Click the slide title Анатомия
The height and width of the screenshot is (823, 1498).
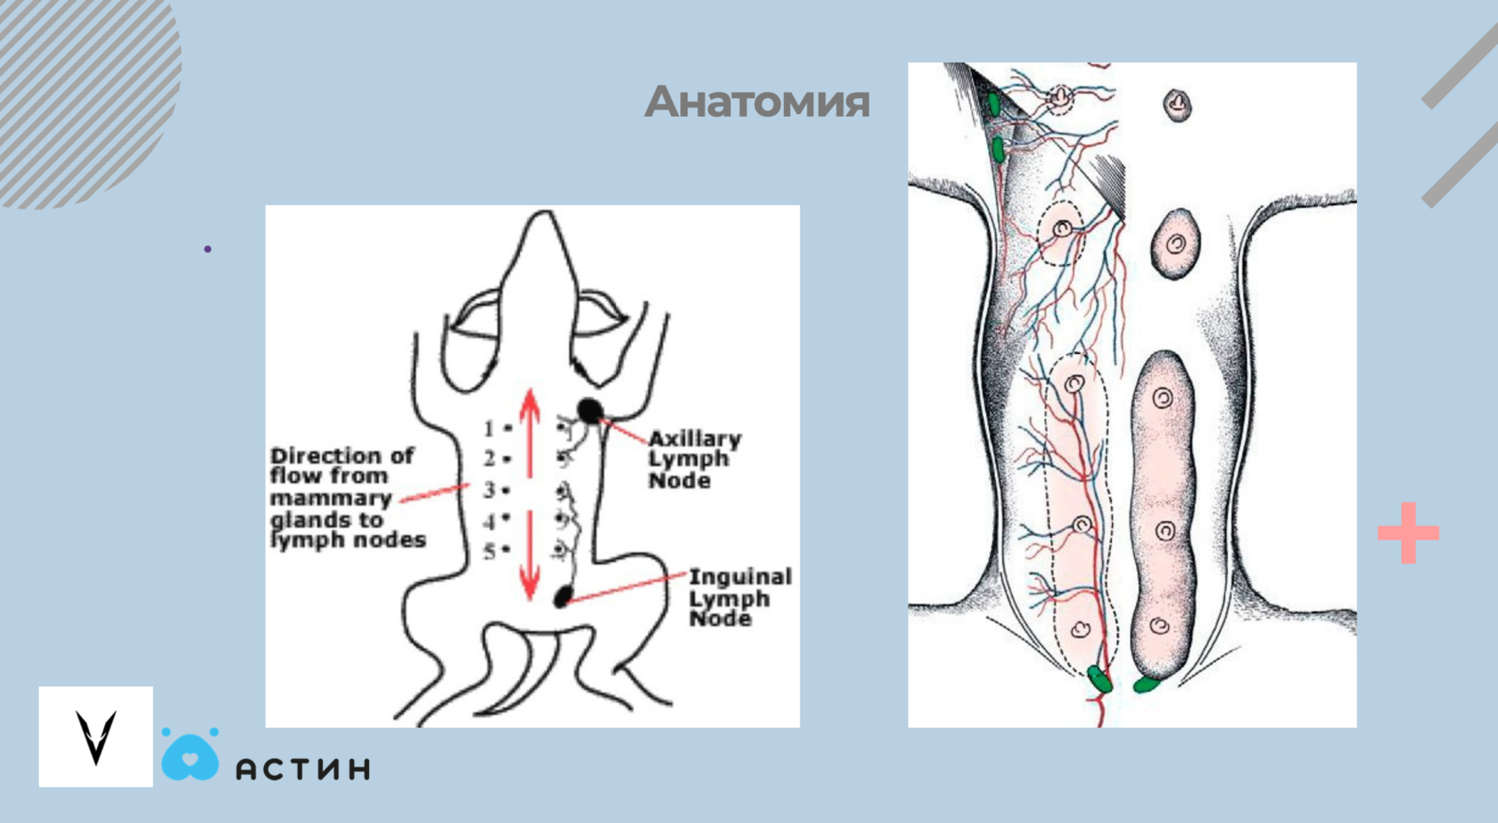pyautogui.click(x=757, y=102)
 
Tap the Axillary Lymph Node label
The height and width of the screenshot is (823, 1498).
pyautogui.click(x=694, y=459)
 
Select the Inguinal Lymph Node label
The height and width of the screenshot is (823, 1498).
pyautogui.click(x=739, y=597)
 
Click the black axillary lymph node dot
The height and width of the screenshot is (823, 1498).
pyautogui.click(x=589, y=410)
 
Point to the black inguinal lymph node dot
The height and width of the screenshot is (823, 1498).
pyautogui.click(x=564, y=597)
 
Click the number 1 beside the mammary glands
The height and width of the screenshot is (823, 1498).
pyautogui.click(x=489, y=429)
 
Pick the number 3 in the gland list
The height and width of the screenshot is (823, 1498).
pyautogui.click(x=490, y=490)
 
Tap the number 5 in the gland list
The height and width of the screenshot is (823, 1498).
pyautogui.click(x=490, y=551)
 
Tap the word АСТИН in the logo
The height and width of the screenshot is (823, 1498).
pyautogui.click(x=303, y=769)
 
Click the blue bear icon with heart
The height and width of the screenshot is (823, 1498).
pyautogui.click(x=190, y=755)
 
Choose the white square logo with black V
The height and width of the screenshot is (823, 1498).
pyautogui.click(x=95, y=737)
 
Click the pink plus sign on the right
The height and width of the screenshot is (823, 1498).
pyautogui.click(x=1408, y=533)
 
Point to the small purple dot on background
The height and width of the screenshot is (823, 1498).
pyautogui.click(x=208, y=249)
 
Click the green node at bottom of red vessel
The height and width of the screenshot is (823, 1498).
pyautogui.click(x=1100, y=679)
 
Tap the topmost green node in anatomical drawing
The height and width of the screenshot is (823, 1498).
pyautogui.click(x=994, y=103)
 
